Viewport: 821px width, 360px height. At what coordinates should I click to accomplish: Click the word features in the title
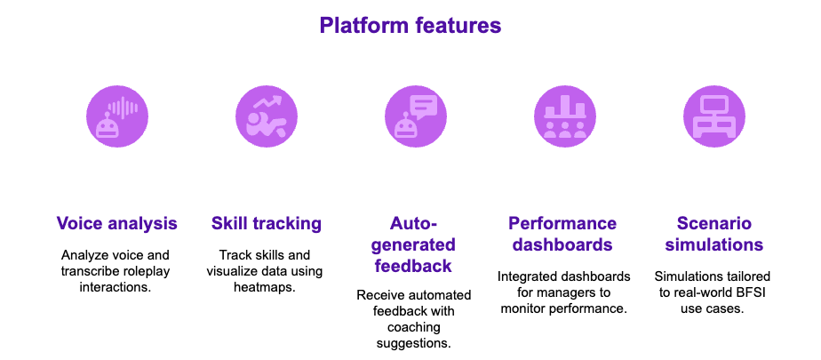pos(458,26)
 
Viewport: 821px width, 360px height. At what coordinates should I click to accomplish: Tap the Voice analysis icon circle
pos(116,116)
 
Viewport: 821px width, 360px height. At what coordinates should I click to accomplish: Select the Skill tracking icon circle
pos(266,116)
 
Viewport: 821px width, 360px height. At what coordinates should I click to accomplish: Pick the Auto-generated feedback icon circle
pos(415,116)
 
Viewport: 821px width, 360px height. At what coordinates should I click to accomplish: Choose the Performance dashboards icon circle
pos(564,116)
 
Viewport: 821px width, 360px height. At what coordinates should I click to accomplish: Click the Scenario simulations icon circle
pos(713,116)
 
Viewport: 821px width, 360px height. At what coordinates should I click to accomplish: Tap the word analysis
pos(142,223)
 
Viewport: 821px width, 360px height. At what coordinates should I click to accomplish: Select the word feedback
pos(414,266)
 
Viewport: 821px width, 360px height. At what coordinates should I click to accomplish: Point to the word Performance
pos(562,223)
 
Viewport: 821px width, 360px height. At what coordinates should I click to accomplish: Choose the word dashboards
pos(562,244)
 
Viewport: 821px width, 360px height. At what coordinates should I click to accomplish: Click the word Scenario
pos(713,223)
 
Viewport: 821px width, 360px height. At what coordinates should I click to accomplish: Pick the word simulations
pos(713,244)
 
